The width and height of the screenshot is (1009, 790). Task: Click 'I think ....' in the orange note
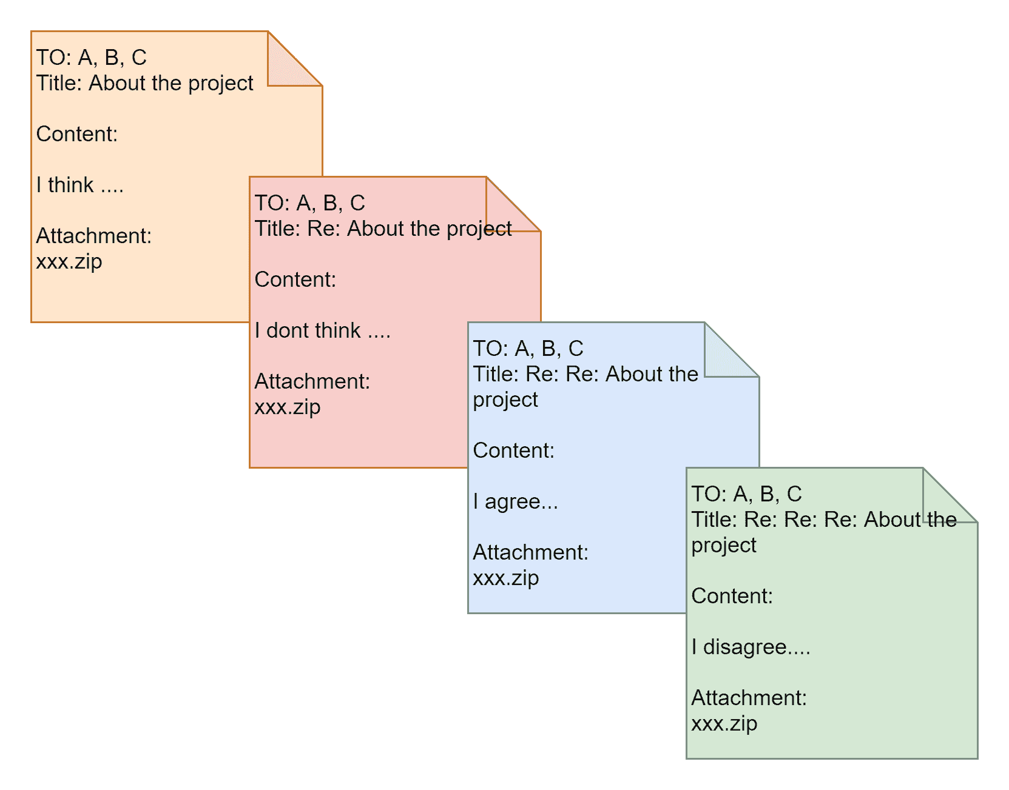tap(79, 185)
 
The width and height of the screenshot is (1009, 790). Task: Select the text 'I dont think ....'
tap(322, 330)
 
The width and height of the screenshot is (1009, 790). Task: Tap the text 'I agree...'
tap(515, 501)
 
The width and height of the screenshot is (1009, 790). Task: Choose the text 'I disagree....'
tap(751, 647)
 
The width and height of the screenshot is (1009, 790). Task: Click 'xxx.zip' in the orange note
tap(69, 262)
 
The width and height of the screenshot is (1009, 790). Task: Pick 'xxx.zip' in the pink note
tap(288, 407)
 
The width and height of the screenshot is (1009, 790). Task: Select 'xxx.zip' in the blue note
tap(506, 578)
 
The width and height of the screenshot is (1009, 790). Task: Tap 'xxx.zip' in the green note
tap(724, 724)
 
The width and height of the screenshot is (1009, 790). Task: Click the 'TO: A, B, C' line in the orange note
tap(92, 58)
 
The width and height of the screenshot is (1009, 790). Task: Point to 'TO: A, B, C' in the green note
tap(746, 494)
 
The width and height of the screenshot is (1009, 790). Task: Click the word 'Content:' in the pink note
tap(295, 280)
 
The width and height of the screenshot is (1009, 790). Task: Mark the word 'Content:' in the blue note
tap(514, 450)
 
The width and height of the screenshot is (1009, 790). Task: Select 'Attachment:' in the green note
tap(749, 698)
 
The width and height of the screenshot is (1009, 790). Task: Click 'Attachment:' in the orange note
tap(94, 236)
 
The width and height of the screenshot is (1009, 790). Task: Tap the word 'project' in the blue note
tap(505, 400)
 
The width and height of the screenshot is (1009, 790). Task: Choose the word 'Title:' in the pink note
tap(278, 229)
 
